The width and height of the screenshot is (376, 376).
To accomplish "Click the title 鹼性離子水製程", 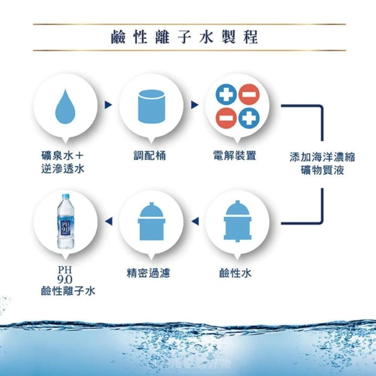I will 184,38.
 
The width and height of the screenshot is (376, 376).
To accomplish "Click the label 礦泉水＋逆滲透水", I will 58,163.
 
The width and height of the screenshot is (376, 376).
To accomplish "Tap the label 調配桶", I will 149,156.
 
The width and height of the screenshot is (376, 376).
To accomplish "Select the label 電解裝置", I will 235,156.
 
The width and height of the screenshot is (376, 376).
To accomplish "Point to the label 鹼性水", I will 235,273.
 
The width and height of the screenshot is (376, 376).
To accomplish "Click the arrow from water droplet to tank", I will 108,105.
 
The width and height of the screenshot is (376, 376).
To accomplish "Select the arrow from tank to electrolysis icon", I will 194,105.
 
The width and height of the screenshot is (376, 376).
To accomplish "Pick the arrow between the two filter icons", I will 194,221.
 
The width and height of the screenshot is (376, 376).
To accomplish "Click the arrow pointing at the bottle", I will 108,221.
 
